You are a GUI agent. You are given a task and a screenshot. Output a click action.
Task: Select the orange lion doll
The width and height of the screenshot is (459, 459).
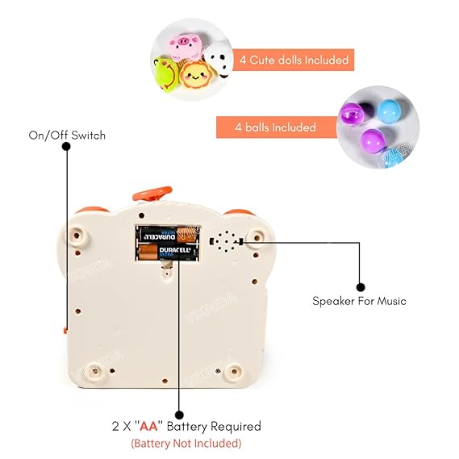tap(194, 77)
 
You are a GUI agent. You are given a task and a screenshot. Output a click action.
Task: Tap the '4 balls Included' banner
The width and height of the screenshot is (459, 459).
tap(276, 127)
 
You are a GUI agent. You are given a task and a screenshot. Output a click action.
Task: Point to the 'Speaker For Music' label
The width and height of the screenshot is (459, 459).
tap(360, 301)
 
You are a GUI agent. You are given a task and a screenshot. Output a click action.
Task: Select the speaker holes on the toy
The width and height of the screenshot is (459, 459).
tap(226, 241)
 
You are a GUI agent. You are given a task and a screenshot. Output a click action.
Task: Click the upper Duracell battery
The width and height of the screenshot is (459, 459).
tap(168, 236)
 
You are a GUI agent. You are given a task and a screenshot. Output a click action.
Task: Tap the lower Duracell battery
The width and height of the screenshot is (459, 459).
tap(168, 253)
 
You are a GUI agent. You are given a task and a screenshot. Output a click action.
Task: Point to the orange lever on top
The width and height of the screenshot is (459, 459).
tap(152, 194)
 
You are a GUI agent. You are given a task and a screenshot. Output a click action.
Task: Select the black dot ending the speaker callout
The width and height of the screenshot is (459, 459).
tap(361, 286)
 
